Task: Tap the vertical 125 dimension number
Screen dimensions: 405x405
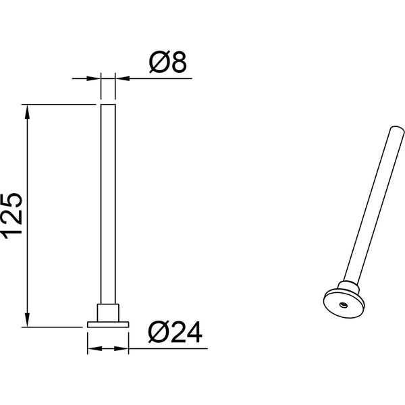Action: click(14, 215)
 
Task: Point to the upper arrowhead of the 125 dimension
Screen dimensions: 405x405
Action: click(28, 111)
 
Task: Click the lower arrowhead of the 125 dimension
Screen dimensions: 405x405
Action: click(28, 319)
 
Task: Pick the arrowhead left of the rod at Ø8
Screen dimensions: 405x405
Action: click(95, 79)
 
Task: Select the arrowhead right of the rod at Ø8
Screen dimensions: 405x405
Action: click(121, 79)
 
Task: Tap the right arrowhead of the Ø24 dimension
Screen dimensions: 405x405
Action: click(124, 350)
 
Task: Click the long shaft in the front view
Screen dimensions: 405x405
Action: click(108, 202)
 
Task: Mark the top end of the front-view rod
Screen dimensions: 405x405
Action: click(108, 106)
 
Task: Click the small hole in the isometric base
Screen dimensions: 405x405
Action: click(342, 304)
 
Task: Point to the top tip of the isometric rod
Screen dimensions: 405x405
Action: click(393, 128)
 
